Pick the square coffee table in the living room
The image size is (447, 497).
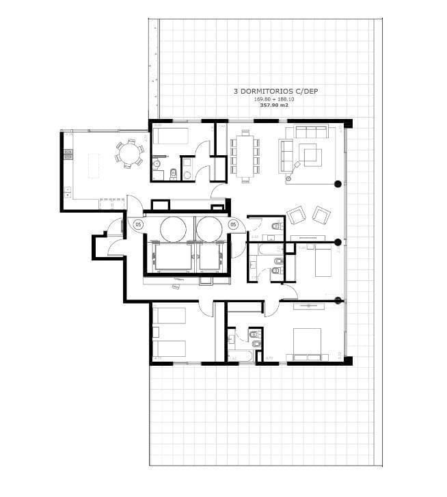tap(312, 156)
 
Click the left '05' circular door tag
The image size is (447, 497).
tap(137, 224)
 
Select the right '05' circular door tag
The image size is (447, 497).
tap(232, 224)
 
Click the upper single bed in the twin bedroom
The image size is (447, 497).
tap(170, 316)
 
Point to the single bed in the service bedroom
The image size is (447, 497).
tap(174, 134)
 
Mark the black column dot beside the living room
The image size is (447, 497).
tap(338, 183)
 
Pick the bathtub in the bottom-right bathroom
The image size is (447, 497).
tap(239, 356)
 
